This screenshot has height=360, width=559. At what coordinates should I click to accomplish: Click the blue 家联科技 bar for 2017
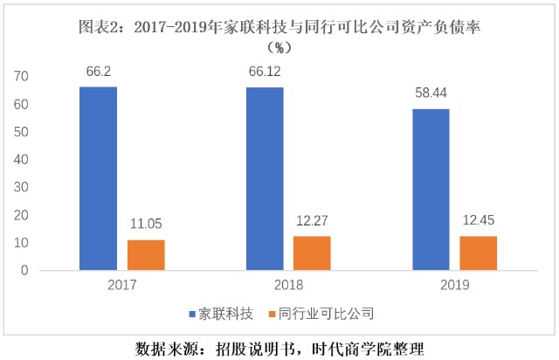click(x=98, y=178)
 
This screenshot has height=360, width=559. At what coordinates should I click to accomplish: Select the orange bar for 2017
click(x=146, y=255)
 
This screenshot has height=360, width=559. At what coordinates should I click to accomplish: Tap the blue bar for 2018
click(x=265, y=179)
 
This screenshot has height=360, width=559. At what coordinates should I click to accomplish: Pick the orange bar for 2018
click(x=312, y=253)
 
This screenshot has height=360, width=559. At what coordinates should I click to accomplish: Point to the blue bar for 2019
click(x=431, y=190)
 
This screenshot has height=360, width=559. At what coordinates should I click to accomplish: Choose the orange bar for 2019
click(x=478, y=253)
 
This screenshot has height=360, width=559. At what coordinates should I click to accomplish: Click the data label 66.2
click(x=99, y=72)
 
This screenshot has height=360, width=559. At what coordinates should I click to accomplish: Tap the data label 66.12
click(x=265, y=72)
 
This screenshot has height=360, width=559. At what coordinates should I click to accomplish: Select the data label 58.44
click(x=431, y=93)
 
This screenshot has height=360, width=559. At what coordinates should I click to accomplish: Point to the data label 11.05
click(x=146, y=224)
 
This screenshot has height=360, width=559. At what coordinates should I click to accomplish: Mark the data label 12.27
click(x=312, y=221)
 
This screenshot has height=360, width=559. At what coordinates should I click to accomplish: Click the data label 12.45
click(x=479, y=220)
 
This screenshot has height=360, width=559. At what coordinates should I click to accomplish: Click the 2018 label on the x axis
click(x=288, y=285)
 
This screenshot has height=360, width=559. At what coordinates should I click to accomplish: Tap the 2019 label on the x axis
click(x=454, y=285)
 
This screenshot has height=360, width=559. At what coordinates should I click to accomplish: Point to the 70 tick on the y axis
click(x=21, y=76)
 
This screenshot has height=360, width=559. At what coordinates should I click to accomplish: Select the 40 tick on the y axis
click(x=21, y=160)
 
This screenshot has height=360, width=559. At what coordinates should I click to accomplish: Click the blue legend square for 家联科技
click(x=192, y=315)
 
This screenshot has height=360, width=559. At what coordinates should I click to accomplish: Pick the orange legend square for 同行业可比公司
click(x=272, y=315)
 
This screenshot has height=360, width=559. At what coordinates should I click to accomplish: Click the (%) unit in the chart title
click(x=279, y=47)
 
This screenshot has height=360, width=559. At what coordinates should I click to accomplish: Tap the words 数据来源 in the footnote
click(x=167, y=350)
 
